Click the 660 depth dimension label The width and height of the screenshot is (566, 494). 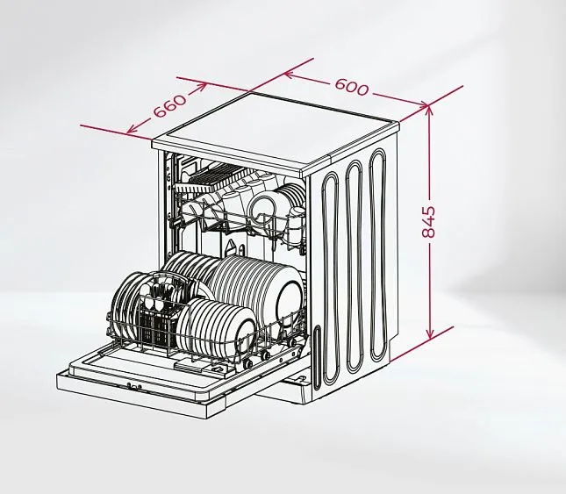pyautogui.click(x=170, y=105)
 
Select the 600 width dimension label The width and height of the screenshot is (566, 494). pyautogui.click(x=352, y=87)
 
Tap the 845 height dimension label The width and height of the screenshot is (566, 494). pyautogui.click(x=429, y=222)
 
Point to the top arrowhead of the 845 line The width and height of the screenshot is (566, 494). pyautogui.click(x=429, y=110)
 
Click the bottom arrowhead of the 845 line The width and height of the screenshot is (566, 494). pyautogui.click(x=429, y=334)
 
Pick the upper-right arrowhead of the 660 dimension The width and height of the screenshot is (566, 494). pyautogui.click(x=202, y=88)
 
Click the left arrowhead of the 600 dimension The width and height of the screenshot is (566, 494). pyautogui.click(x=290, y=75)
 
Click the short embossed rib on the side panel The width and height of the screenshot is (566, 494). pyautogui.click(x=317, y=358)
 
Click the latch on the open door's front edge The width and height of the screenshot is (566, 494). pyautogui.click(x=134, y=386)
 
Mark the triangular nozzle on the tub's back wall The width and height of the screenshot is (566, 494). pyautogui.click(x=230, y=247)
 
